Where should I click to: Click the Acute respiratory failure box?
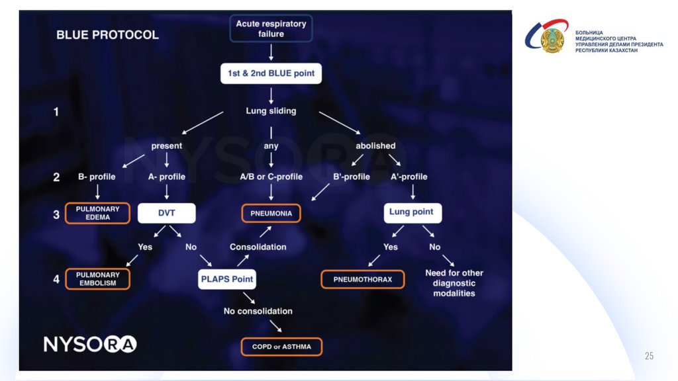pos(271,28)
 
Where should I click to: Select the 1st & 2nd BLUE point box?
pos(271,73)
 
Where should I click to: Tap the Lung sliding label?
pos(271,110)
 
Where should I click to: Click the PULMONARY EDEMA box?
pos(97,214)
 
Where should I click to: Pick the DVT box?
pos(166,213)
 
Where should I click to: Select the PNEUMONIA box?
pos(271,214)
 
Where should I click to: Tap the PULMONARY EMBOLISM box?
pos(97,278)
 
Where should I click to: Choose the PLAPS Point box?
pos(226,278)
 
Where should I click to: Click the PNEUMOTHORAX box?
pos(362,279)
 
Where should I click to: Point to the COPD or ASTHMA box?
pos(281,346)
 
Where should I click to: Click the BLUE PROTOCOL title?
pos(107,34)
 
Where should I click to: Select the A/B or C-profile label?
pos(271,177)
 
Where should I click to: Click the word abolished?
pos(375,146)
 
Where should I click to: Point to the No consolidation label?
pos(258,311)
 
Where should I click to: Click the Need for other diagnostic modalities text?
pos(454,282)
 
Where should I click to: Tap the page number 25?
pos(649,357)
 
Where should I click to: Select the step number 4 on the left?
pos(56,278)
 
